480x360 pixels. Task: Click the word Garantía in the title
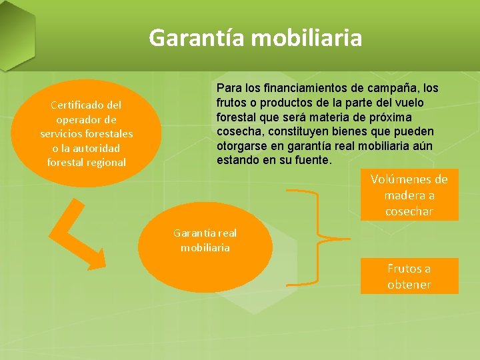[x=197, y=37]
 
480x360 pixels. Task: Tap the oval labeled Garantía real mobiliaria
[x=205, y=247]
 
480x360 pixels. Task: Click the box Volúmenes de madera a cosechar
[x=409, y=195]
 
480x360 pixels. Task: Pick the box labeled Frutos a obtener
[x=409, y=276]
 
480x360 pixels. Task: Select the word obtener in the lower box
[x=409, y=285]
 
